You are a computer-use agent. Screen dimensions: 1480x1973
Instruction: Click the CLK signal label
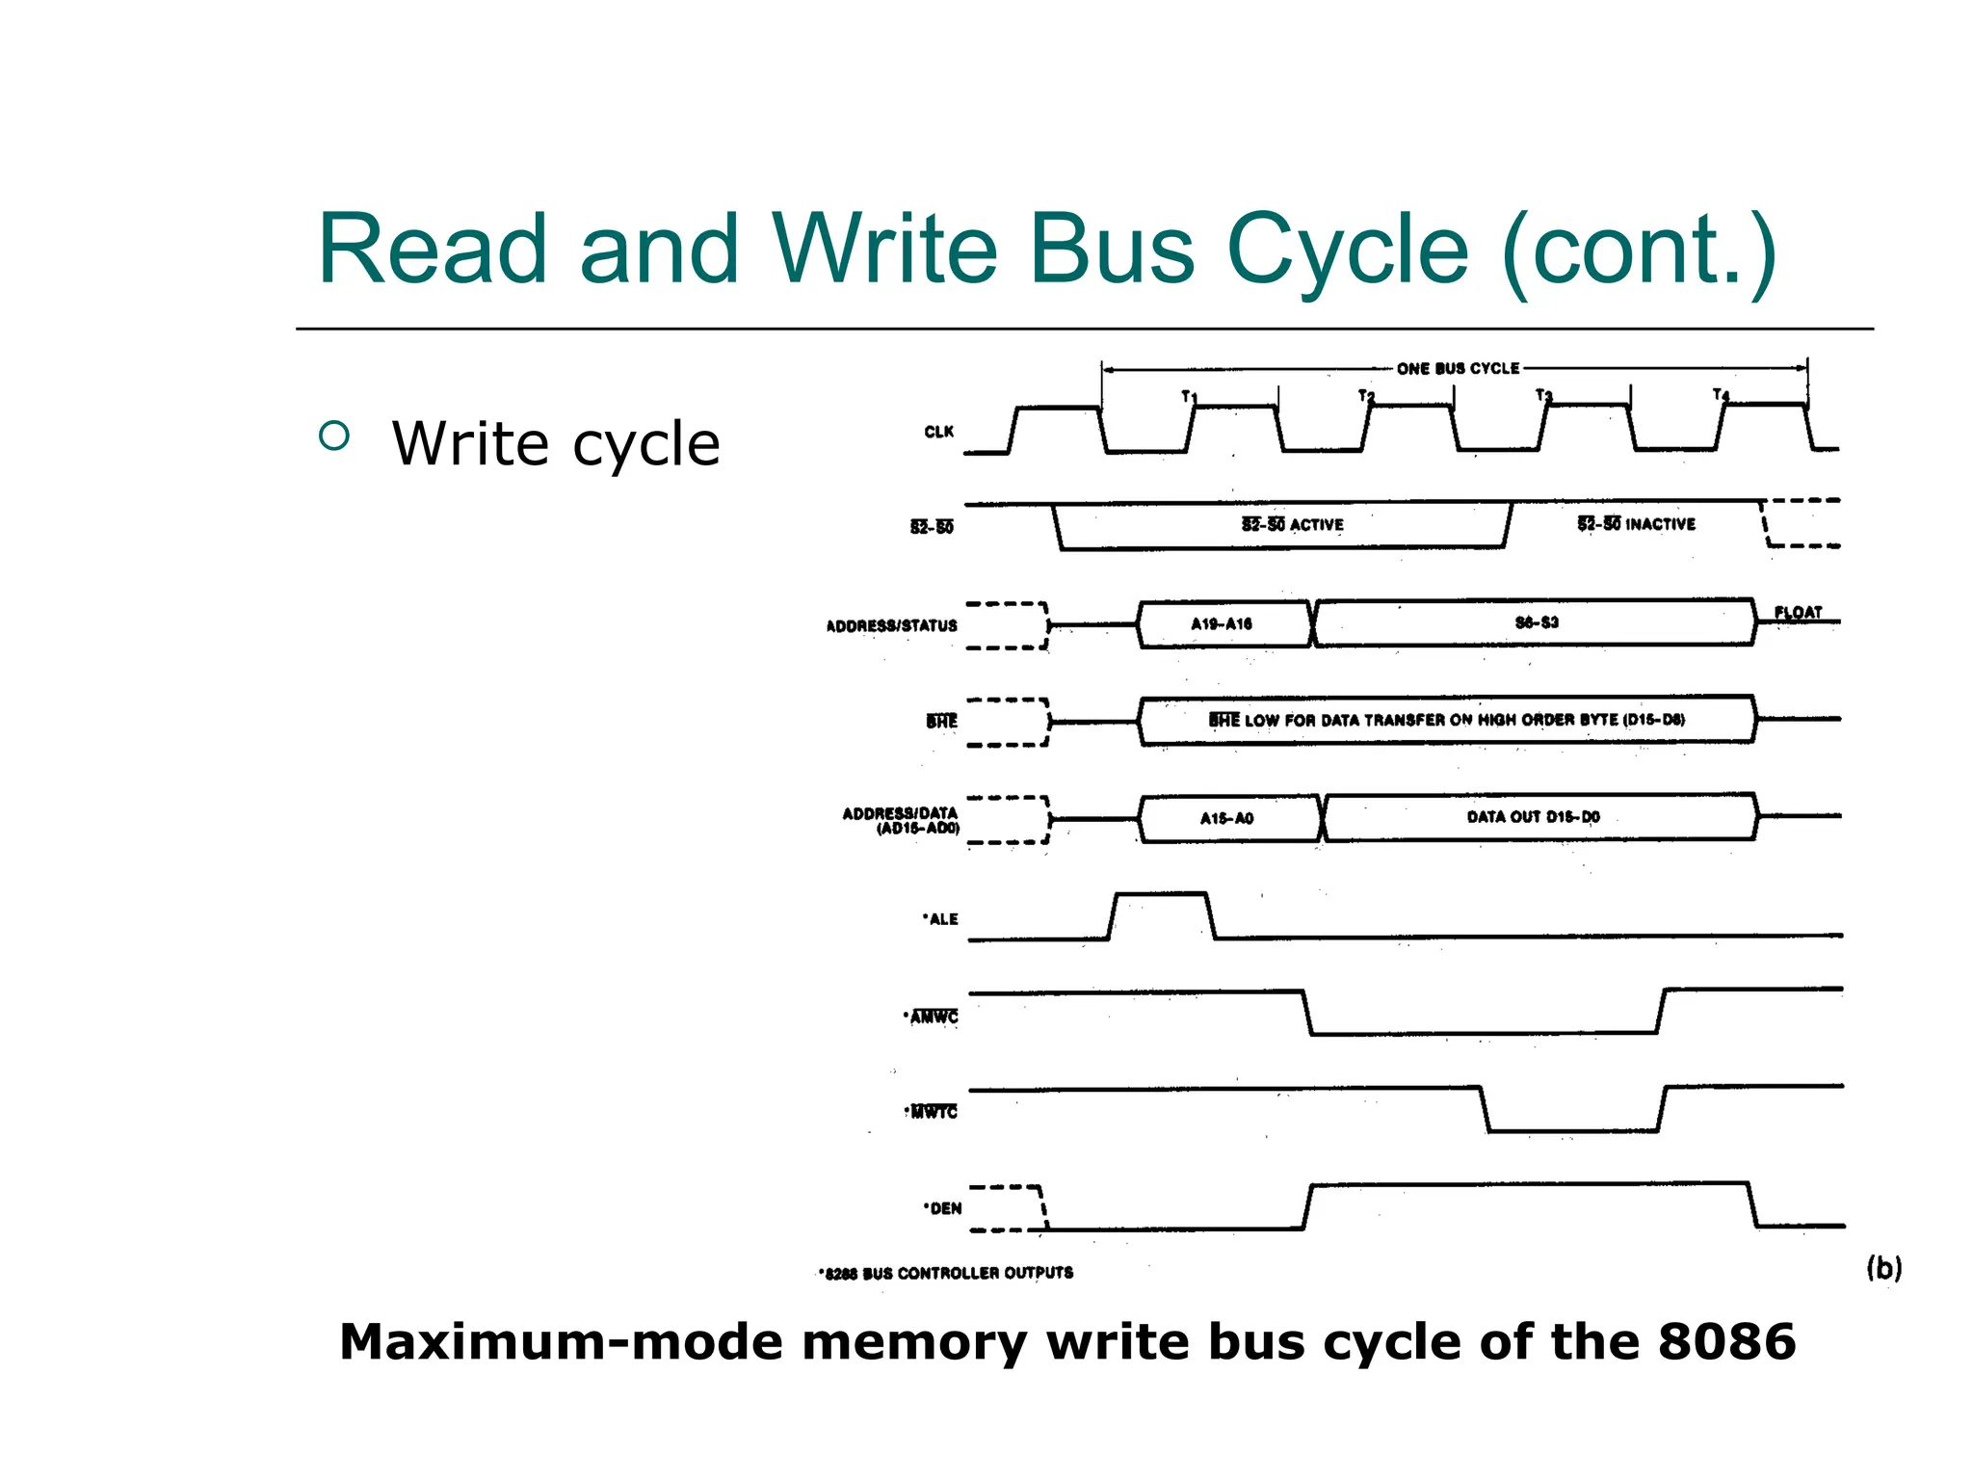tap(938, 432)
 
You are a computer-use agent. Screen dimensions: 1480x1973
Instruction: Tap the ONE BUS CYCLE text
tap(1458, 368)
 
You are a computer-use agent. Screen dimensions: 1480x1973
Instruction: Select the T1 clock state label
tap(1189, 396)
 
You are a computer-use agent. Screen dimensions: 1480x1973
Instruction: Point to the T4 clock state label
tap(1721, 394)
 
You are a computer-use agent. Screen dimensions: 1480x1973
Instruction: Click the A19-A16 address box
tap(1222, 623)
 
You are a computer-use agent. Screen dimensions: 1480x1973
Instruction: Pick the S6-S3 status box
tap(1536, 622)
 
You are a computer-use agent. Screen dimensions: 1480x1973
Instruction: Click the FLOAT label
tap(1798, 612)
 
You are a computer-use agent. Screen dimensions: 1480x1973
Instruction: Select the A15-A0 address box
tap(1226, 818)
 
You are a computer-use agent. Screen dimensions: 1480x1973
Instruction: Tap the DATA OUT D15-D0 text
tap(1533, 817)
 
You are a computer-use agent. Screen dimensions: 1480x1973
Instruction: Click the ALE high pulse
tap(1161, 908)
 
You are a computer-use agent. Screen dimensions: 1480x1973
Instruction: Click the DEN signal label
tap(943, 1208)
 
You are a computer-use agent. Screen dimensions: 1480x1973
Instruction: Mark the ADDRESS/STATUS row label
tap(891, 625)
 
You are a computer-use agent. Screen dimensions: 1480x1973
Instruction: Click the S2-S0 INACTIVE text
tap(1636, 524)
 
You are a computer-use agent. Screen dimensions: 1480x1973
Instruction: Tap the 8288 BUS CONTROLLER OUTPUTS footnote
tap(946, 1273)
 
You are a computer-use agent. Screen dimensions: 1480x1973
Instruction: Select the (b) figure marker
tap(1883, 1267)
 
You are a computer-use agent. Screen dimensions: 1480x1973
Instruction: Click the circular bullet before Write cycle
tap(333, 436)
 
